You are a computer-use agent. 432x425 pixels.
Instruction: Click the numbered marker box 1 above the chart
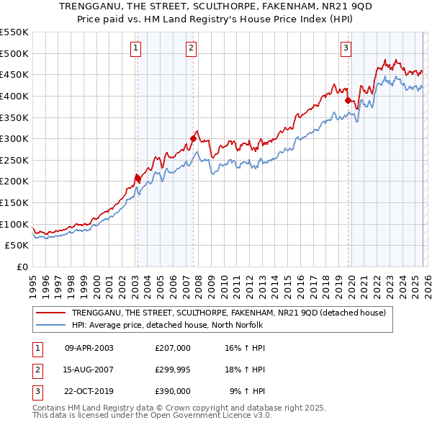pos(136,48)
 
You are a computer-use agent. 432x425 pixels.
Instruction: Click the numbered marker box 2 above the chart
pos(191,48)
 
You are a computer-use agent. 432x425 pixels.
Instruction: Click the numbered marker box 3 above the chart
pos(346,48)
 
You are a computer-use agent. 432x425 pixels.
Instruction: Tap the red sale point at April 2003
pos(138,177)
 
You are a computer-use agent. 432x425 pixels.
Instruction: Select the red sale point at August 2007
pos(193,138)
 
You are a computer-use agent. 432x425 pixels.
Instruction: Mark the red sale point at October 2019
pos(348,100)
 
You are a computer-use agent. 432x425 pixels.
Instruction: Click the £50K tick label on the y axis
pos(17,245)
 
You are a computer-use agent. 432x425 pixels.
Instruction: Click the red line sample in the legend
pos(52,313)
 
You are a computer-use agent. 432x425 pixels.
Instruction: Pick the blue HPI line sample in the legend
pos(52,325)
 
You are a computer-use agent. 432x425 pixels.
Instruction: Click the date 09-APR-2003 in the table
pos(89,348)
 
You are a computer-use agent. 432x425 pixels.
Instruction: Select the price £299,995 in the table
pos(172,370)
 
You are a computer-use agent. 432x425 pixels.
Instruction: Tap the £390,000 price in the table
pos(172,391)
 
